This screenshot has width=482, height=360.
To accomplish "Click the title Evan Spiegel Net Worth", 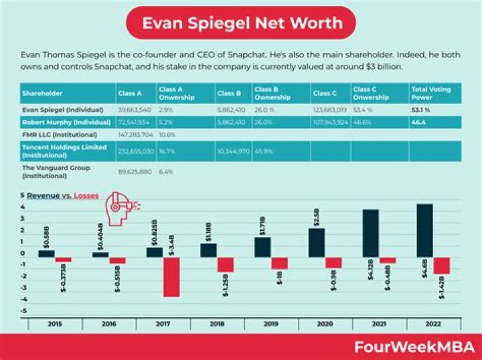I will pyautogui.click(x=241, y=23).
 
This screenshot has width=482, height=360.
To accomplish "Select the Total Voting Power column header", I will pyautogui.click(x=431, y=92).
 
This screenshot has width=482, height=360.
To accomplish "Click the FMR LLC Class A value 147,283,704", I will pyautogui.click(x=135, y=134).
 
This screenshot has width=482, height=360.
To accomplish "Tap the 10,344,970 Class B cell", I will pyautogui.click(x=233, y=151).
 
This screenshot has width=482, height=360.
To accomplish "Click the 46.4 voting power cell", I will pyautogui.click(x=419, y=123).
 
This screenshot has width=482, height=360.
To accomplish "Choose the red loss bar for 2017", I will pyautogui.click(x=171, y=277).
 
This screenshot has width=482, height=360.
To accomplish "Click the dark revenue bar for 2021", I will pyautogui.click(x=370, y=234).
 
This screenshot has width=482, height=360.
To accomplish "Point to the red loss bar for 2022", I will pyautogui.click(x=442, y=266).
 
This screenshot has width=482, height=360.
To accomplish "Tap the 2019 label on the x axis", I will pyautogui.click(x=271, y=323).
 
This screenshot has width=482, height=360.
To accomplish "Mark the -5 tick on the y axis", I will pyautogui.click(x=23, y=311).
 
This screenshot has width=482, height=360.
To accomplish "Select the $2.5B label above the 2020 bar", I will pyautogui.click(x=316, y=217).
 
